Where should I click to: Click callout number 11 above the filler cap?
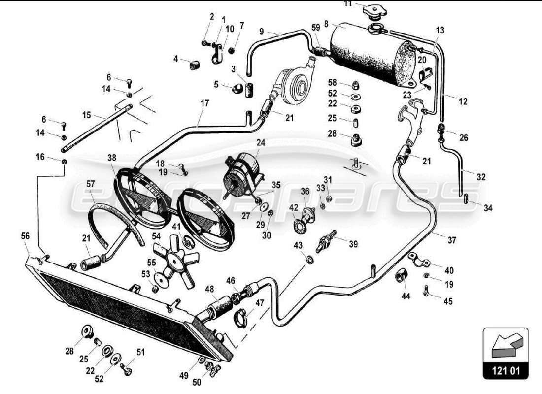(348, 3)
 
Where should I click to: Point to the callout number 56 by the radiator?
(25, 236)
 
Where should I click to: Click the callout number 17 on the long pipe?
(204, 104)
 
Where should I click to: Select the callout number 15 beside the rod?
(87, 115)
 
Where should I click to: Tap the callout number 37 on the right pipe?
(452, 240)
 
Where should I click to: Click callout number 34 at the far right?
(488, 208)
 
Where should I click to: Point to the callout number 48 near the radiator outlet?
(209, 290)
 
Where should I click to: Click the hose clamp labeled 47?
(242, 317)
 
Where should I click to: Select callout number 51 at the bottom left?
(141, 351)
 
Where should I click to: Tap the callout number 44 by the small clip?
(405, 296)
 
